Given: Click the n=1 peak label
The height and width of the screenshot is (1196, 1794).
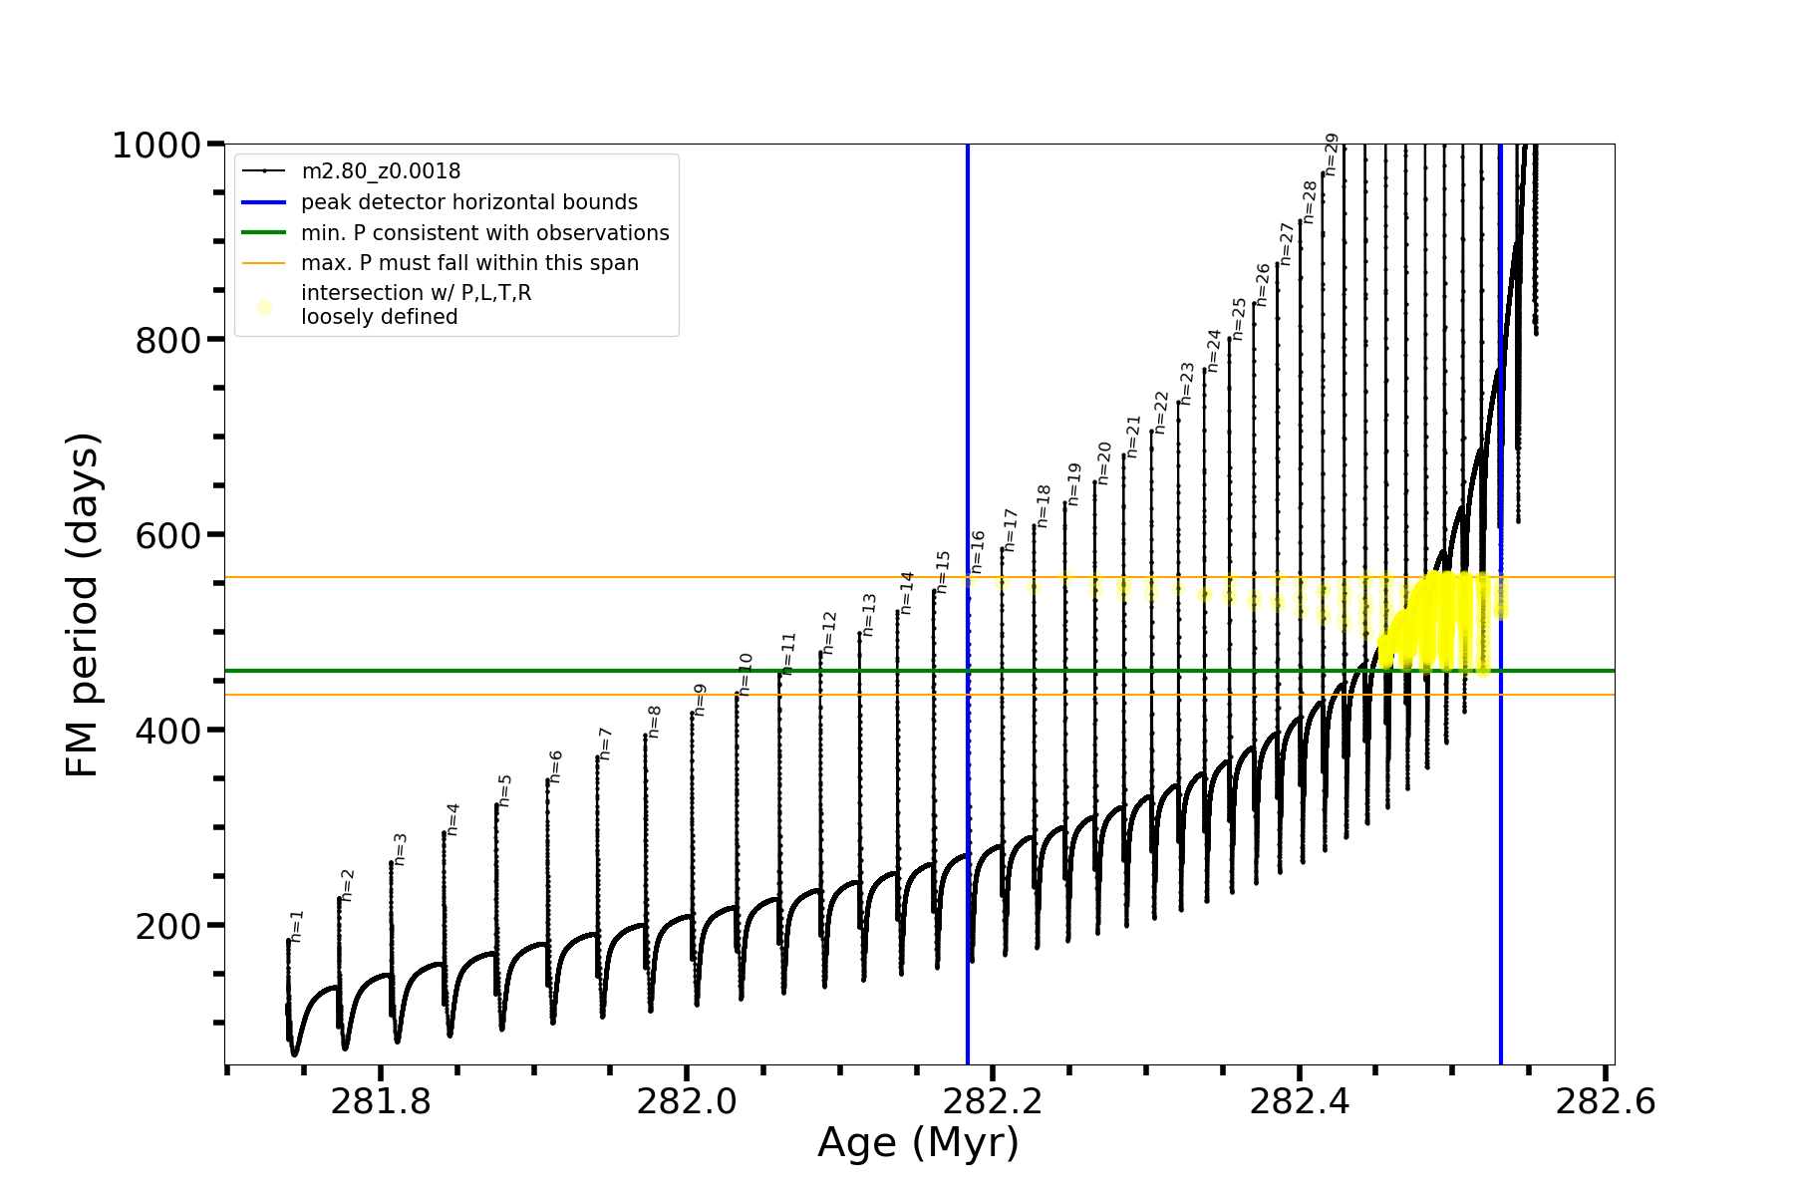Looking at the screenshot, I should (297, 926).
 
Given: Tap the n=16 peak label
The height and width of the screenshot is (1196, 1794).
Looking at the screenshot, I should (979, 551).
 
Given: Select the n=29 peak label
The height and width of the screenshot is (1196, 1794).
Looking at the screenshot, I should (1332, 154).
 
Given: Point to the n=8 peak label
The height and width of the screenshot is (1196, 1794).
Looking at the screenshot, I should (655, 722).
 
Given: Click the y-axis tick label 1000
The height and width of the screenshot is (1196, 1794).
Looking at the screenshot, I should (156, 147).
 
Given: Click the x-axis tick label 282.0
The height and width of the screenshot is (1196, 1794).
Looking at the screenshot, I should (687, 1102).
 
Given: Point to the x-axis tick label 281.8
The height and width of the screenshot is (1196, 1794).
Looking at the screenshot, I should (381, 1102).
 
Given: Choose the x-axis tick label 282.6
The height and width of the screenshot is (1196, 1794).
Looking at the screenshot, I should (1605, 1102).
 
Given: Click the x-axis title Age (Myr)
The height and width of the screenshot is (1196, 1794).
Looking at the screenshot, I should (918, 1143).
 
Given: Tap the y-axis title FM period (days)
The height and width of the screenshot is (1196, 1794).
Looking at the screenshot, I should (83, 605).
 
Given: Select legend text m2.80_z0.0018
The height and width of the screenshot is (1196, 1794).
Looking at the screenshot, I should (381, 171).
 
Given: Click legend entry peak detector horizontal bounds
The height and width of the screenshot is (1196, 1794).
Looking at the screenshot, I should (468, 202).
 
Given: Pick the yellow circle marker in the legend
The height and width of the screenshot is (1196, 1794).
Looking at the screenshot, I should (264, 307).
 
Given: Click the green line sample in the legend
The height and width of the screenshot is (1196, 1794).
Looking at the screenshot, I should (264, 233).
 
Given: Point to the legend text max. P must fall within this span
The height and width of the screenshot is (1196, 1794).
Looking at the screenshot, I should (469, 263).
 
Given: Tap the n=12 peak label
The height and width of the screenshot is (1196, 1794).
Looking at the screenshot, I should (829, 633).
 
